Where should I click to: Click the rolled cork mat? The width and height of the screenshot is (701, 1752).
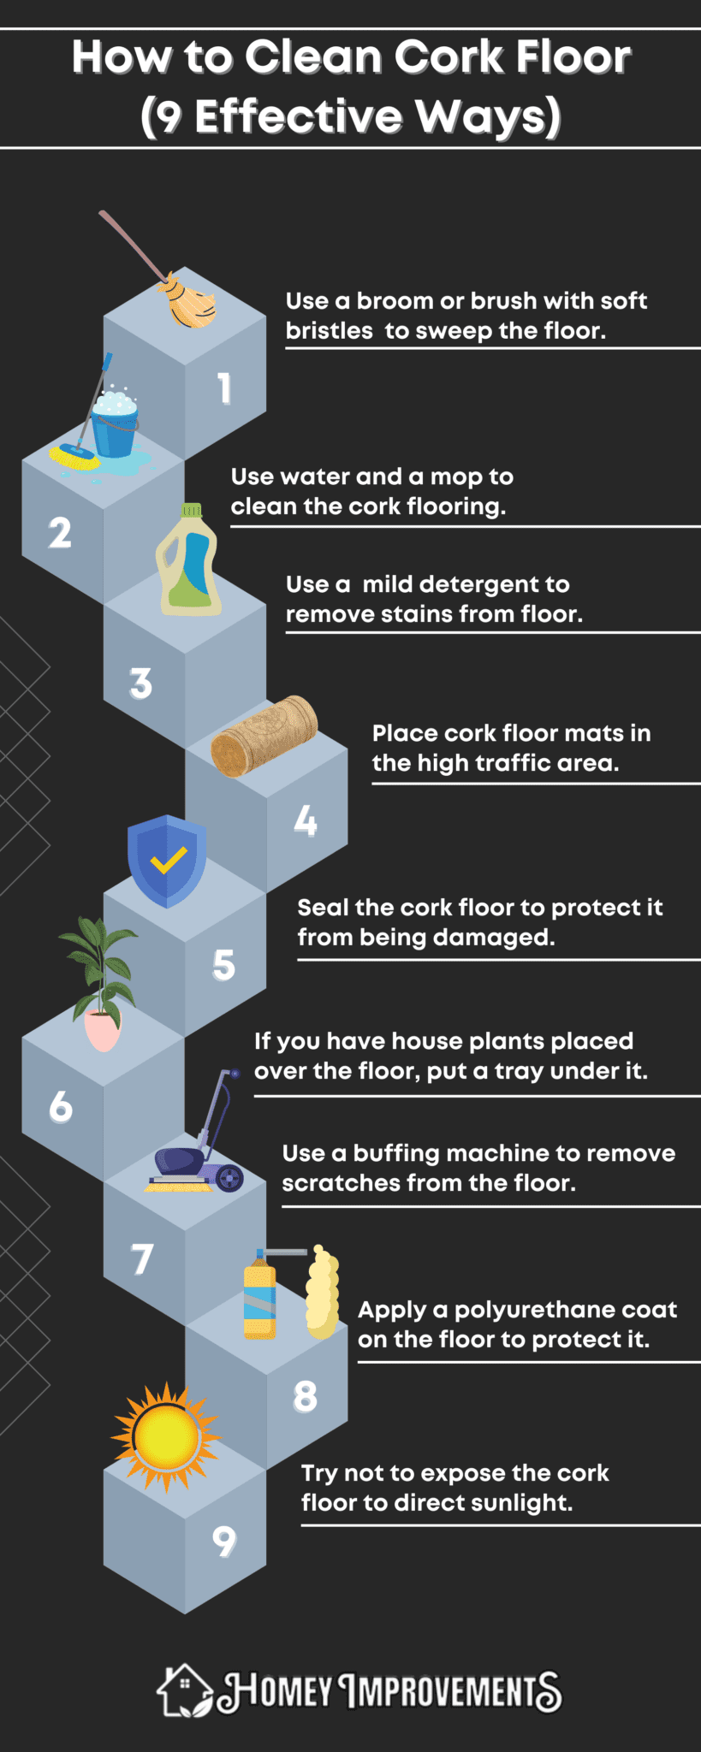[x=264, y=736]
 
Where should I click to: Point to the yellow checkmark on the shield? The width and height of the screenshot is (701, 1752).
[x=169, y=860]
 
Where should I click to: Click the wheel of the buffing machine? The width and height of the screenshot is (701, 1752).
[x=229, y=1178]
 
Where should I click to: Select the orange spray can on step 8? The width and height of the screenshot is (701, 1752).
[x=260, y=1301]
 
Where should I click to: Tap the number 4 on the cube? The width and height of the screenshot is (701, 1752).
[x=306, y=821]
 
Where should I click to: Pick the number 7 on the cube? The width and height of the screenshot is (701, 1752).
[x=142, y=1259]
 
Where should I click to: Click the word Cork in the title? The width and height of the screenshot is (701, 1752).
[x=448, y=58]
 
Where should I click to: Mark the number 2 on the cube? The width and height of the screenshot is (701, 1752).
[x=60, y=533]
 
